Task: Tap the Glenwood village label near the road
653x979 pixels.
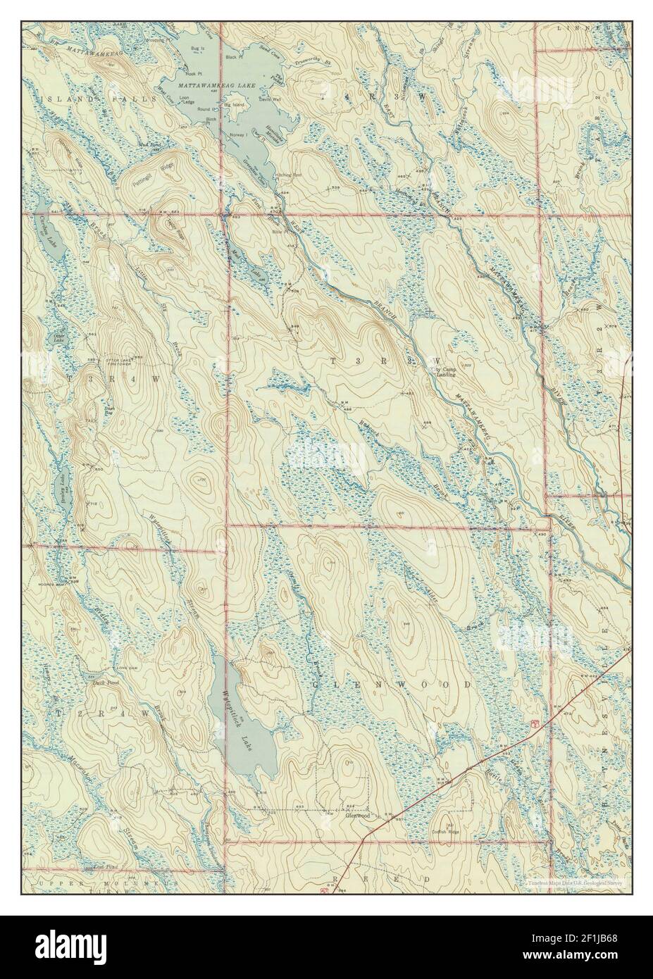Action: pos(358,816)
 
